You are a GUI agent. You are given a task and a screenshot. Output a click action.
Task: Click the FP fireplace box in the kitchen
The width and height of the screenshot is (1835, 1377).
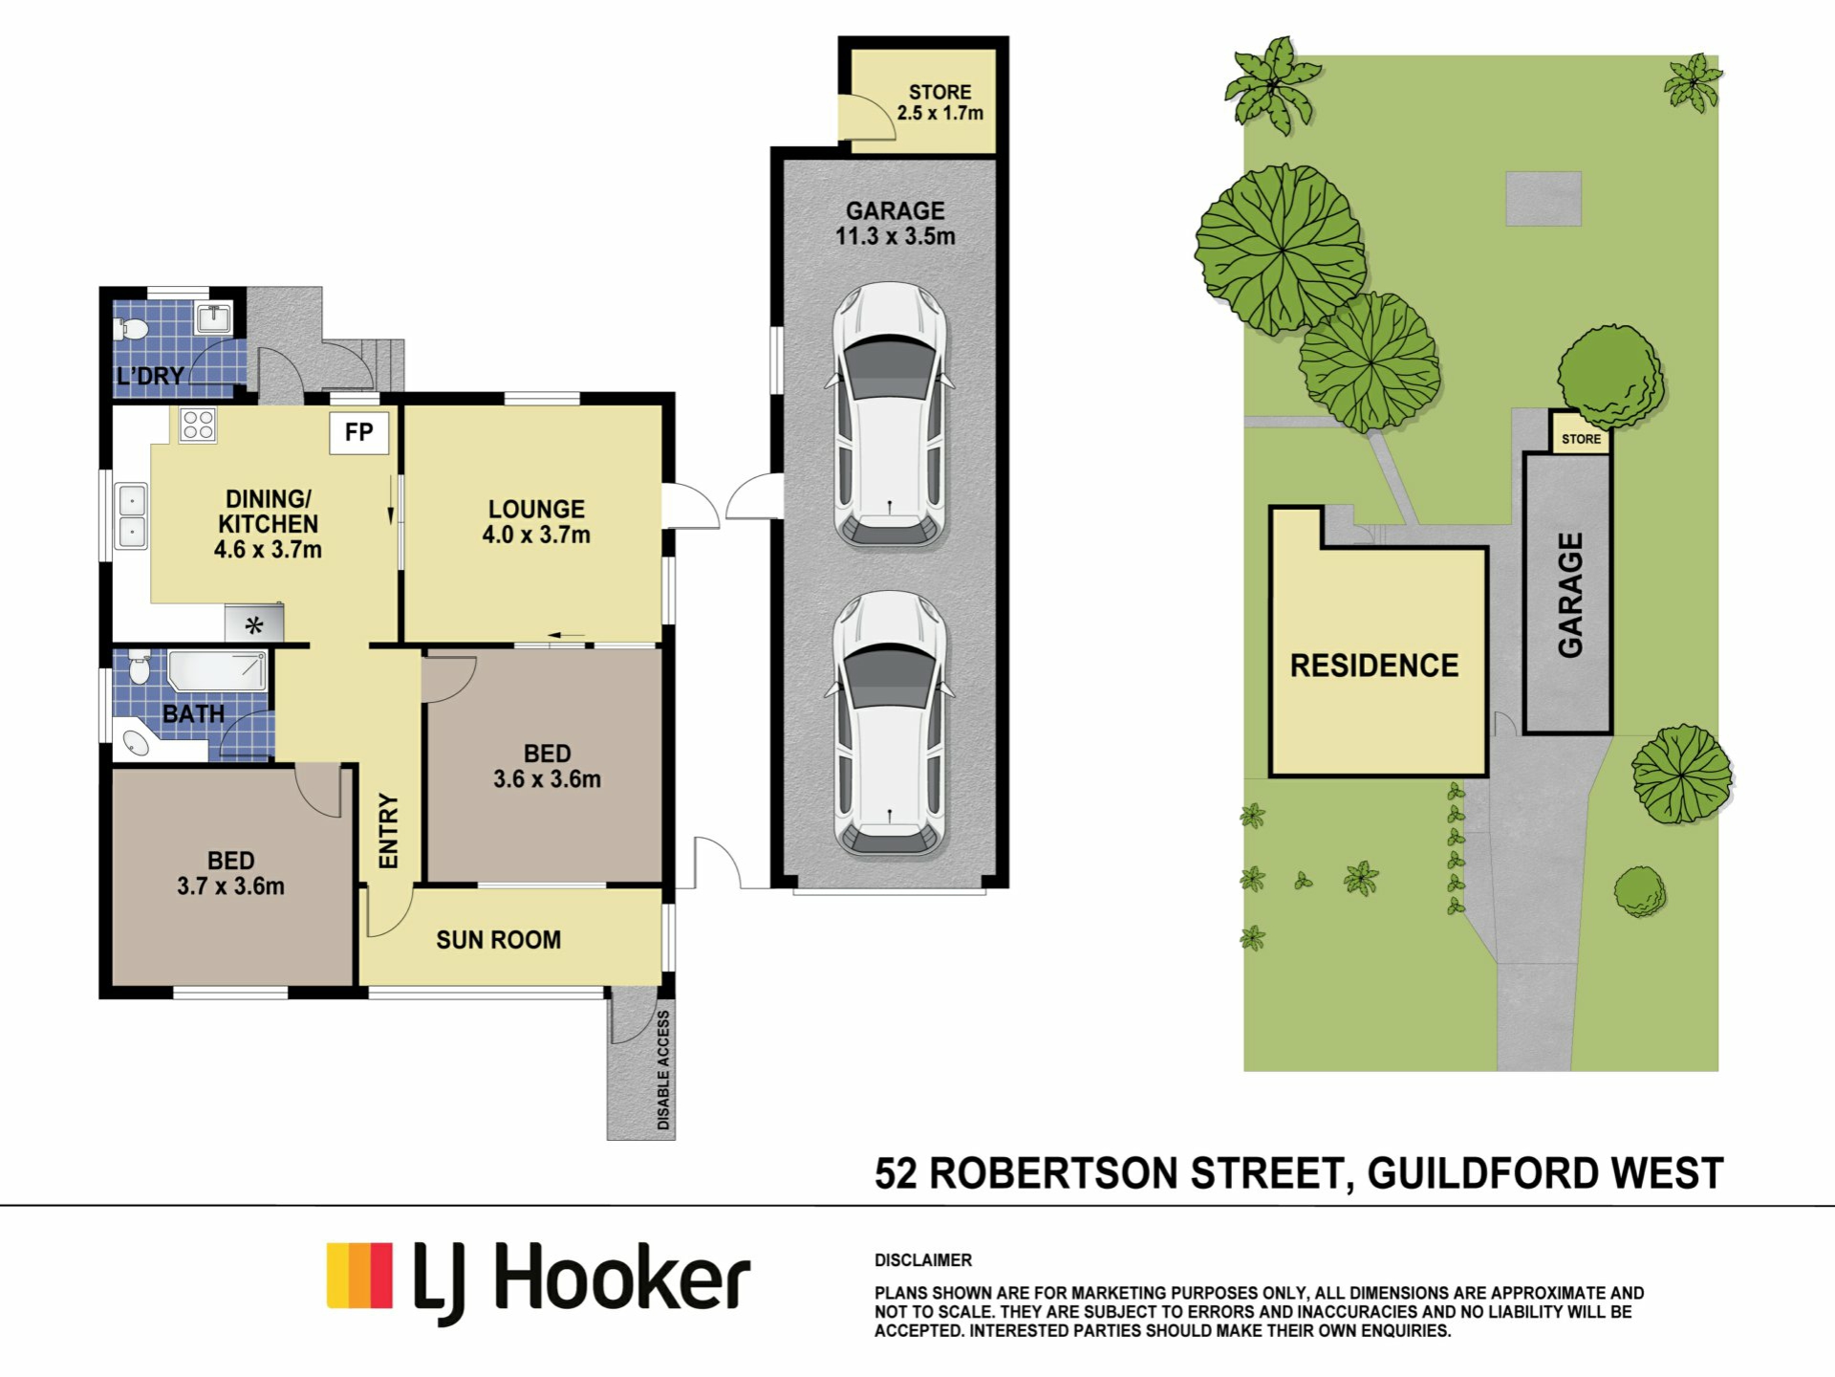click(359, 432)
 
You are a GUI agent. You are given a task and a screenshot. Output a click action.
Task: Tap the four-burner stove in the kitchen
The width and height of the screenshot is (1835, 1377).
click(198, 424)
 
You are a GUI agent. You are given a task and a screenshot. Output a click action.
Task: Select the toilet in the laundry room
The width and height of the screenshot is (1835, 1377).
click(131, 330)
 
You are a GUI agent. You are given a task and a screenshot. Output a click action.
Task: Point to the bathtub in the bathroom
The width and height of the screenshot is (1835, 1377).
click(217, 670)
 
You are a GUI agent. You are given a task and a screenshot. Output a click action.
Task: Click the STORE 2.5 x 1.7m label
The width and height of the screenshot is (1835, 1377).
click(939, 102)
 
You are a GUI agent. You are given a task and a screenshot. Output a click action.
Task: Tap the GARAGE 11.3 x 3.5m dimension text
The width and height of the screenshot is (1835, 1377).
click(896, 236)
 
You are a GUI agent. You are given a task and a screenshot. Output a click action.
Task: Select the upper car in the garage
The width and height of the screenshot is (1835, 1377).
click(890, 413)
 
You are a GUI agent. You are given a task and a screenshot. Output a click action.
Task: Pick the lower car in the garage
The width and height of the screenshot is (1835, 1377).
click(890, 724)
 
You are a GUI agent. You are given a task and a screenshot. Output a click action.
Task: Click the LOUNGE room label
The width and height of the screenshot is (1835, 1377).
click(536, 509)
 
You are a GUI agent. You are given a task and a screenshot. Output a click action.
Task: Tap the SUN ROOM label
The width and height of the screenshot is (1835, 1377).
click(499, 940)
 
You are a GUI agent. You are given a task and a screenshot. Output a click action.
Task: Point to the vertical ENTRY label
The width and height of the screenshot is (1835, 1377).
click(388, 831)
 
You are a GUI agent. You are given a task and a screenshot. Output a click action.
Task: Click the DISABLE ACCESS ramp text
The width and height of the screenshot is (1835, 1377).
click(663, 1070)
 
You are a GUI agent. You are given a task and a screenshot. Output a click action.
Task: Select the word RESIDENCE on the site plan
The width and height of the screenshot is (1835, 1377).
click(1374, 666)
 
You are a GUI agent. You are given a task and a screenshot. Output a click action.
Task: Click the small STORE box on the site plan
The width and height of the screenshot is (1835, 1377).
click(1581, 432)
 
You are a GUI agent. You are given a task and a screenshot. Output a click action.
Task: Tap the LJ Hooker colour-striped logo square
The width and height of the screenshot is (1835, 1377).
click(359, 1276)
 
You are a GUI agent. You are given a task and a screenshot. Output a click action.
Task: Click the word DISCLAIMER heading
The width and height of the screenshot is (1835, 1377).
click(923, 1260)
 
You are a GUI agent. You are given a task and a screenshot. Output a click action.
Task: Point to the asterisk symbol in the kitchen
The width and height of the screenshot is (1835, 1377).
click(254, 626)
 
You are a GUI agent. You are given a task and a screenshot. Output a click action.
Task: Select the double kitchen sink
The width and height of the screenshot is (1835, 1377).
click(131, 515)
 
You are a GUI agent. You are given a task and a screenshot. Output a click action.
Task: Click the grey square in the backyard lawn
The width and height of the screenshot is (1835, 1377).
click(1544, 199)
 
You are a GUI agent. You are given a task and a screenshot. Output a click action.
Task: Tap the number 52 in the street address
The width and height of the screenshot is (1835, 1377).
click(896, 1173)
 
